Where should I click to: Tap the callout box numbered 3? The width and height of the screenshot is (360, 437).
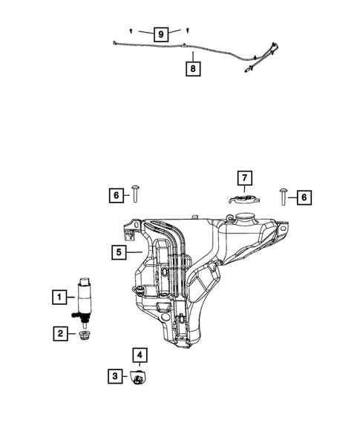pyautogui.click(x=114, y=377)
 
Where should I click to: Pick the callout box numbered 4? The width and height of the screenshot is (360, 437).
pyautogui.click(x=138, y=355)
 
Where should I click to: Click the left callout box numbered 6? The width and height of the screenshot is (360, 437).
pyautogui.click(x=117, y=196)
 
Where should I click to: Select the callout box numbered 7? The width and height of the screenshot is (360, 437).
pyautogui.click(x=244, y=178)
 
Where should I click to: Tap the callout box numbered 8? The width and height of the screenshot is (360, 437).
pyautogui.click(x=192, y=69)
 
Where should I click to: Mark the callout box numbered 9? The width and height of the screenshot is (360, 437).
pyautogui.click(x=160, y=33)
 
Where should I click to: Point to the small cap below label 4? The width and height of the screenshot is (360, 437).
pyautogui.click(x=138, y=378)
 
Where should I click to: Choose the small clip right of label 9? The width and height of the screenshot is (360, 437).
pyautogui.click(x=188, y=30)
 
